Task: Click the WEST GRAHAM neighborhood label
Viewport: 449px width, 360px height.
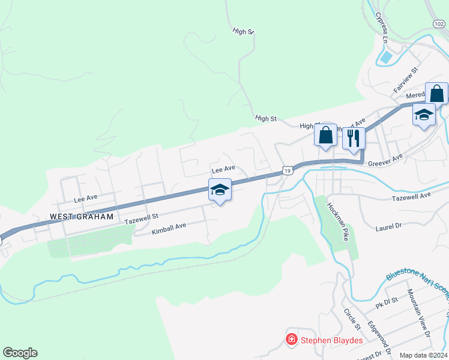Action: [x=82, y=217]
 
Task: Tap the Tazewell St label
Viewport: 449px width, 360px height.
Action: [x=141, y=221]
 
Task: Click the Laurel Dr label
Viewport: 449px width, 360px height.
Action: [x=388, y=227]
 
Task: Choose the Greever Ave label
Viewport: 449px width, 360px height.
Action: [x=385, y=160]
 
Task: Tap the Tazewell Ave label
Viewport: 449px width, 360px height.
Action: [x=411, y=196]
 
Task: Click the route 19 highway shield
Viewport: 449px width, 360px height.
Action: [x=288, y=171]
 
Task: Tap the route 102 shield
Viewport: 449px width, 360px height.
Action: [x=438, y=23]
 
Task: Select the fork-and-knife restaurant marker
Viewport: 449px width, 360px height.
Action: [x=354, y=138]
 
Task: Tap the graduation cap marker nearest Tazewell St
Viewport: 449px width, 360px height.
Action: [x=220, y=190]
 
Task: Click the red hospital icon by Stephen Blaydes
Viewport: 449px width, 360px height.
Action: [x=292, y=340]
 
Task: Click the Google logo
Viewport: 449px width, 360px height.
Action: [x=20, y=353]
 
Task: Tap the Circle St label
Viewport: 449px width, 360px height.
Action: [x=351, y=319]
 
